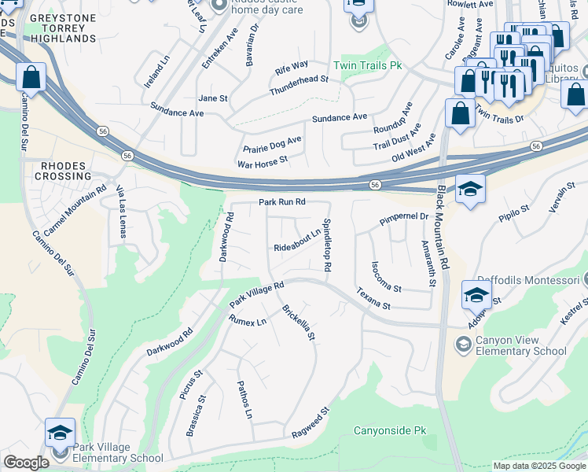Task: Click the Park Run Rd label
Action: coord(281,202)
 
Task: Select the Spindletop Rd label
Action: coord(326,245)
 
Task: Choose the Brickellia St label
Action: coord(299,322)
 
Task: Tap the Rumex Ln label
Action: coord(248,321)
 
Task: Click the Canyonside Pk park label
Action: coord(389,431)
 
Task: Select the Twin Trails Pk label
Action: coord(367,65)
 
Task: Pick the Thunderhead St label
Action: coord(299,85)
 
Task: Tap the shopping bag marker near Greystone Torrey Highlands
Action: coord(31,78)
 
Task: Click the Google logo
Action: coord(27,463)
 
